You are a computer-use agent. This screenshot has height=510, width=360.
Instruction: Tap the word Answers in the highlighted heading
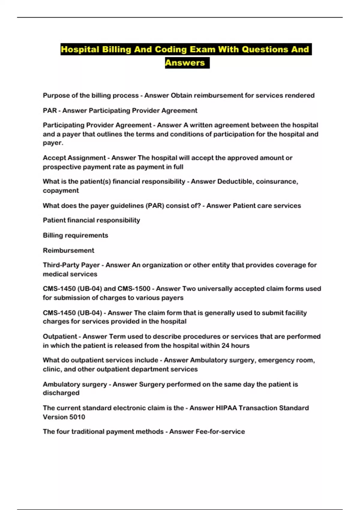185,63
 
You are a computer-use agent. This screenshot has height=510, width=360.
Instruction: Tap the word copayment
61,190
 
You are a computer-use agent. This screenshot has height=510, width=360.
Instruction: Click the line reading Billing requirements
75,235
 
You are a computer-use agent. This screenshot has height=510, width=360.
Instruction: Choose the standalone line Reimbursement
68,250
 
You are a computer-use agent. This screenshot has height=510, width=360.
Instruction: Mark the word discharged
61,393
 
